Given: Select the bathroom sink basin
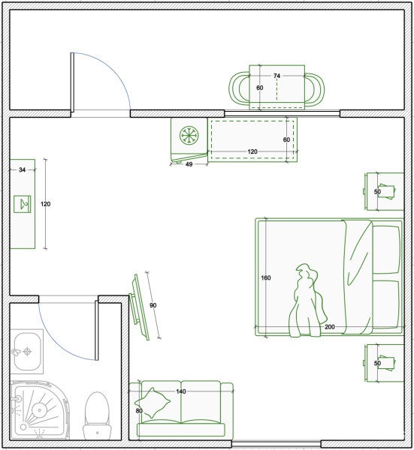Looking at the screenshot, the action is click(x=27, y=352).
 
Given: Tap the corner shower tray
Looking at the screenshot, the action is click(x=40, y=410).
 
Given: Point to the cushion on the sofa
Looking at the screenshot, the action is click(x=153, y=403).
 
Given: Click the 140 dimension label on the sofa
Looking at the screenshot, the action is click(x=181, y=391).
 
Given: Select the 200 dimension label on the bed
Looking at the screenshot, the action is click(x=330, y=327).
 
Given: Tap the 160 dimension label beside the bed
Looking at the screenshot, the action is click(x=266, y=277).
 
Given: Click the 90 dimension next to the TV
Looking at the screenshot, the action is click(x=153, y=305).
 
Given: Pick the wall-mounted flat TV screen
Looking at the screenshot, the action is click(x=140, y=307).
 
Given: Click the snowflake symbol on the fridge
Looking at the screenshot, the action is click(x=189, y=135).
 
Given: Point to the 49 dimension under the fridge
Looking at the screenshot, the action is click(x=189, y=164).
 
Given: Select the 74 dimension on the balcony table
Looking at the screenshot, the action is click(x=277, y=76).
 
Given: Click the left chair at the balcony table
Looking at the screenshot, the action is click(x=239, y=88).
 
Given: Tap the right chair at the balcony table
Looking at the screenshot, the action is click(x=315, y=88).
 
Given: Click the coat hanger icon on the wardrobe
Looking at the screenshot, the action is click(x=23, y=204).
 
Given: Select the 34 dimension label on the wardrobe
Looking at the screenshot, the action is click(x=22, y=170).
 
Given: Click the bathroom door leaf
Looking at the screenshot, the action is click(x=97, y=330).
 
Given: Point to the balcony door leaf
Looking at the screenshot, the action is click(x=72, y=82).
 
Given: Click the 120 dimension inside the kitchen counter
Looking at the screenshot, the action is click(x=252, y=151).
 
